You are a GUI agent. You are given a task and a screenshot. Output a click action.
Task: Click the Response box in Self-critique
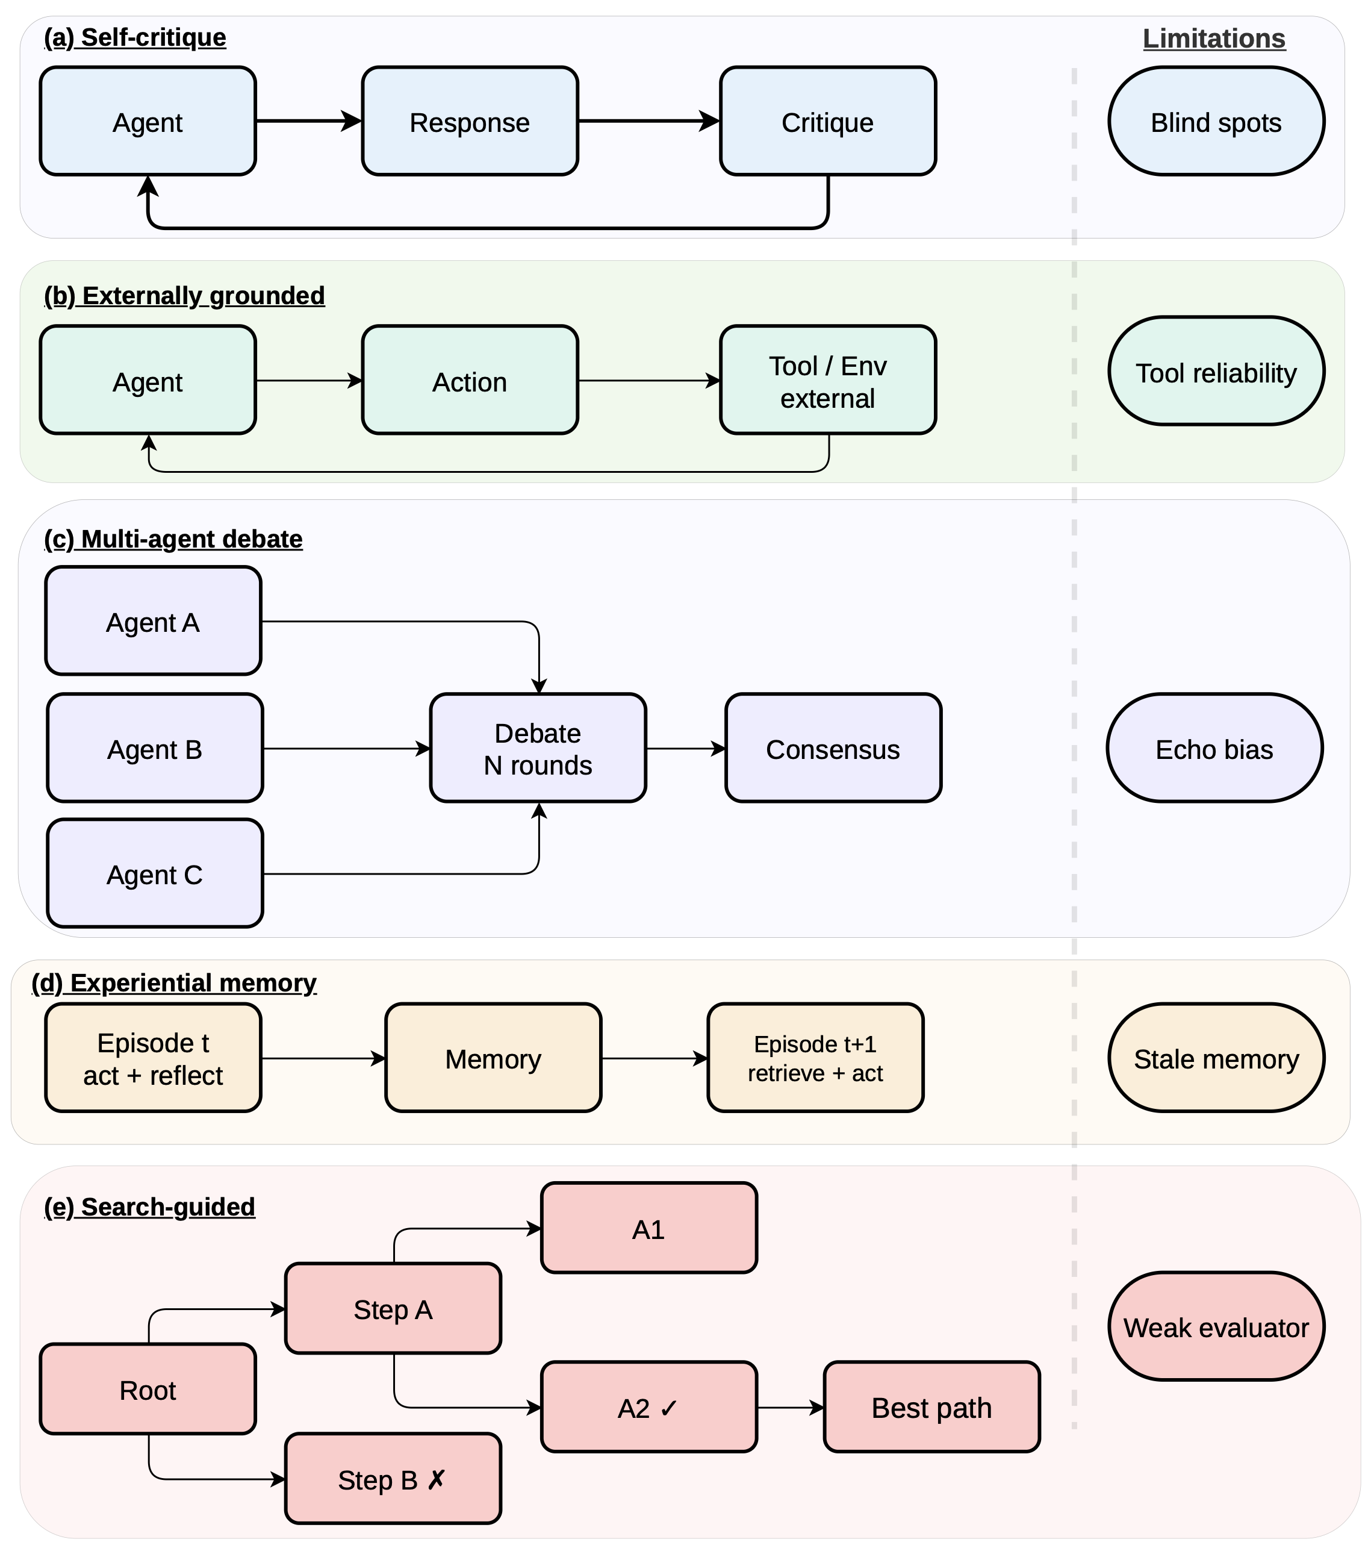(470, 122)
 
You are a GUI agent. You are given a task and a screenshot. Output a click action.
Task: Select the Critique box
(828, 122)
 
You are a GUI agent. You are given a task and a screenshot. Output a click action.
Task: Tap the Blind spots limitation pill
(1216, 122)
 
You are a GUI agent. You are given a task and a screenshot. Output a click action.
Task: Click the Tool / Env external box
(828, 380)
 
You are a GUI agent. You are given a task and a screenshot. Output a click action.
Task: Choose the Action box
(470, 380)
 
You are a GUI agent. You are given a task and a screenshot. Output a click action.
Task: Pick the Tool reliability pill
(1216, 371)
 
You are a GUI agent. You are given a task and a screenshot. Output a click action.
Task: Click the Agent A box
(154, 621)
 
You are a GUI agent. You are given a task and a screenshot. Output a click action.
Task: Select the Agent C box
(155, 873)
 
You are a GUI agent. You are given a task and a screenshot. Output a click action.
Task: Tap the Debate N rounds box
(538, 748)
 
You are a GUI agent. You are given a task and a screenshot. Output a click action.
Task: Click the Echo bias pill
(1214, 748)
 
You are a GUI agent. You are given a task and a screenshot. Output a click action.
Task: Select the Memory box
(493, 1058)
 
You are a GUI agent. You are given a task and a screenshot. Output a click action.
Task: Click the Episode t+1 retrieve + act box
(815, 1058)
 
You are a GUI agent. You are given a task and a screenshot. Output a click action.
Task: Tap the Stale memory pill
(1216, 1058)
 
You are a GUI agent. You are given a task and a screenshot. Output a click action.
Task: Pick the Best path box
(931, 1407)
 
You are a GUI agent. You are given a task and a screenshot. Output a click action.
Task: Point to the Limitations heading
(1214, 39)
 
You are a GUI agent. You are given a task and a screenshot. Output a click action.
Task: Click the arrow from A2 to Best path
(791, 1407)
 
